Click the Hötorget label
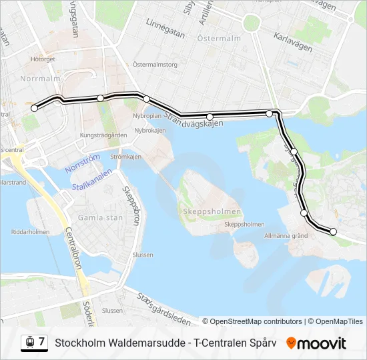pyautogui.click(x=42, y=59)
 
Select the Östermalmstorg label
pyautogui.click(x=155, y=65)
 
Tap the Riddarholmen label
pyautogui.click(x=31, y=232)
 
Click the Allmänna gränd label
pyautogui.click(x=286, y=235)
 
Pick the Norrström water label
pyautogui.click(x=82, y=164)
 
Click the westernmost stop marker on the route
pyautogui.click(x=35, y=108)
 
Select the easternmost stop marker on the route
pyautogui.click(x=334, y=232)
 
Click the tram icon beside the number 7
pyautogui.click(x=29, y=342)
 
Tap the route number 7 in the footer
pyautogui.click(x=41, y=342)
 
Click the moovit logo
pyautogui.click(x=316, y=343)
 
